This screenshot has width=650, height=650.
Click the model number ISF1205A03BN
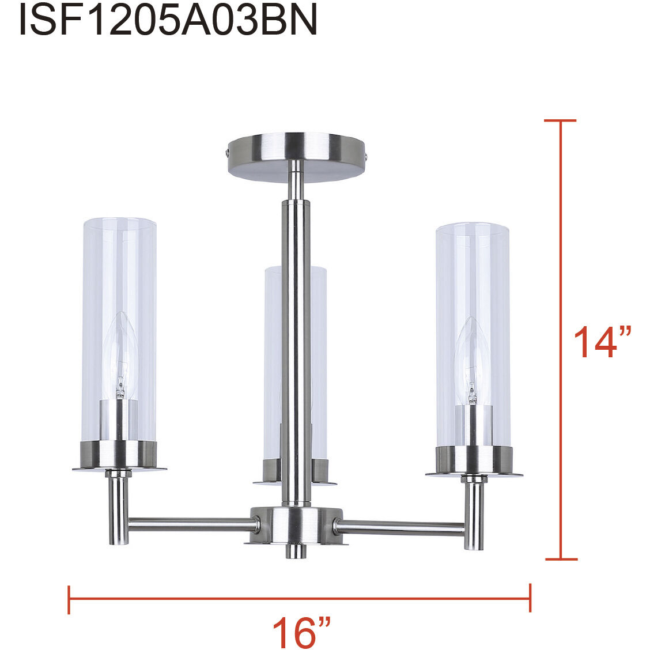(x=168, y=20)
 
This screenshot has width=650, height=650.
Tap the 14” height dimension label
(x=602, y=342)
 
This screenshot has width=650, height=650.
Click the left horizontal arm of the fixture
(x=190, y=523)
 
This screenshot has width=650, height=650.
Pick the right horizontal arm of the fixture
(x=400, y=526)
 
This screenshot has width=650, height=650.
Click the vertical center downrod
(x=295, y=346)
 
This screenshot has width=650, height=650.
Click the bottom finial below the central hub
(x=296, y=551)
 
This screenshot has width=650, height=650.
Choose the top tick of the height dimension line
(x=560, y=121)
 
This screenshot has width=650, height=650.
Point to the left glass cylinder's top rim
(x=119, y=221)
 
